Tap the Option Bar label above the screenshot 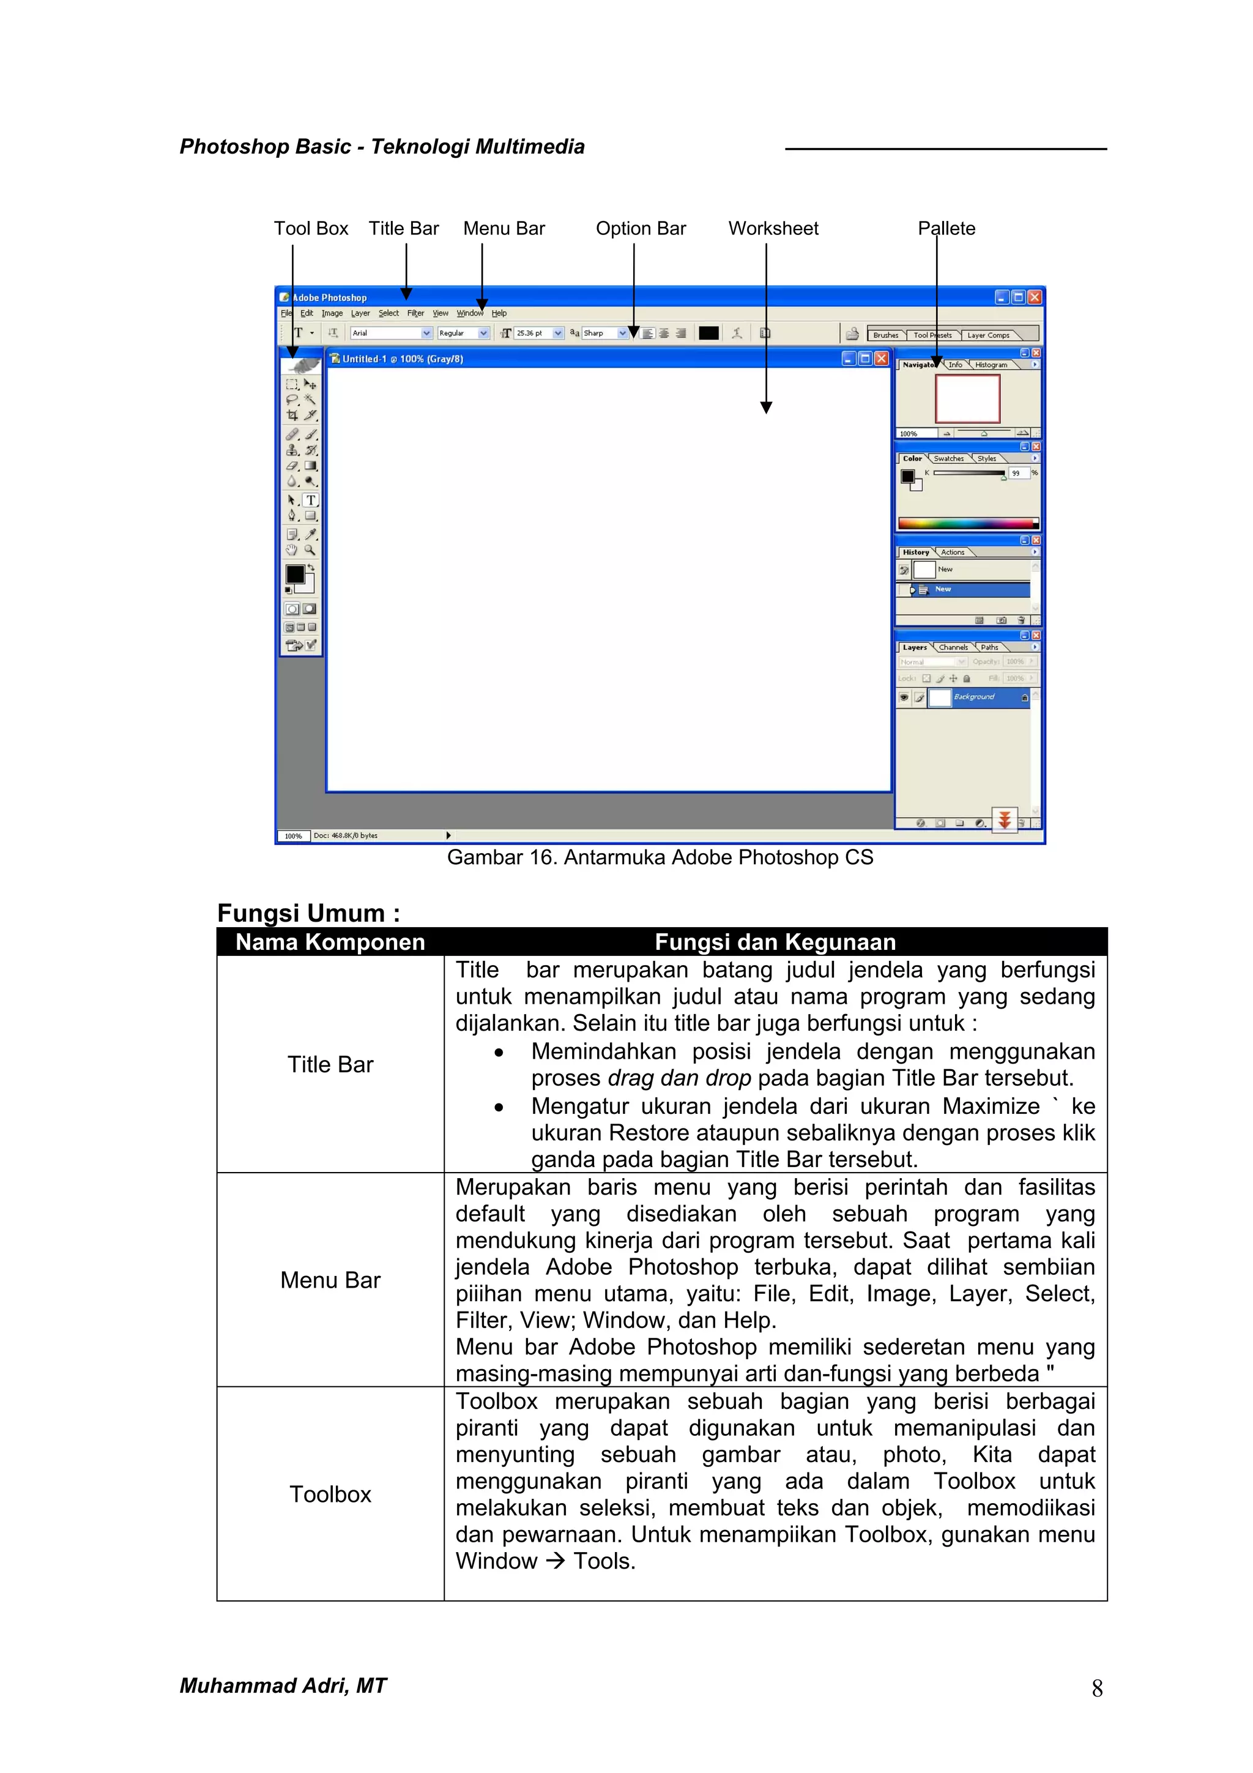click(x=640, y=228)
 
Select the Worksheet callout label click(x=773, y=228)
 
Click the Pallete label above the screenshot click(x=946, y=228)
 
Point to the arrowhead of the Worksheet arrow click(x=766, y=408)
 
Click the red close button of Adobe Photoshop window click(x=1035, y=297)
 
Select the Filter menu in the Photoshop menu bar click(x=415, y=313)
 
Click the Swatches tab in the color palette click(x=948, y=458)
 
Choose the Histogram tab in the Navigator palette click(x=991, y=365)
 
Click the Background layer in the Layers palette click(x=974, y=696)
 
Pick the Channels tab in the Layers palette click(x=953, y=647)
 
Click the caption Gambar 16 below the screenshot click(x=660, y=857)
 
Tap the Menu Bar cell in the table click(x=330, y=1280)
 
